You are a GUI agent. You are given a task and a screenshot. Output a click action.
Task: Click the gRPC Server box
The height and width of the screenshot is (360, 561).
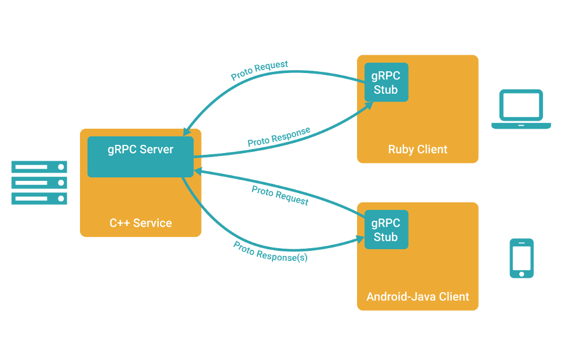(140, 157)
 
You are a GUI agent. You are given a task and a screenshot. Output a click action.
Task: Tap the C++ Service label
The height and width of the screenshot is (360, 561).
(141, 223)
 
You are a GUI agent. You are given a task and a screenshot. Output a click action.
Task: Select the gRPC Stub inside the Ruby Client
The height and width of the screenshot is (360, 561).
(386, 82)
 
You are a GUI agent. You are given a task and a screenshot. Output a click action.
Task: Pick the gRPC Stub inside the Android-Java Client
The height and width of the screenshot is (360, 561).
(386, 230)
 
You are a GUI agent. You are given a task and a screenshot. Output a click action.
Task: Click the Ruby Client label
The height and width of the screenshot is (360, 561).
(418, 150)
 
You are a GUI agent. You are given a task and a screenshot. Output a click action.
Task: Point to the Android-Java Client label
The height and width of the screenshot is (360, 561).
(418, 297)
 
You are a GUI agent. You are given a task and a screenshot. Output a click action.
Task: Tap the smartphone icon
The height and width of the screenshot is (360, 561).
(522, 257)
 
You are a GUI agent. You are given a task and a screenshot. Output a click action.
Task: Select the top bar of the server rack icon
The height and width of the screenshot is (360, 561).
(39, 168)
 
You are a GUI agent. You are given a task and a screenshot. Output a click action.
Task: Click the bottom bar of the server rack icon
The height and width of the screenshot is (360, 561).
(39, 199)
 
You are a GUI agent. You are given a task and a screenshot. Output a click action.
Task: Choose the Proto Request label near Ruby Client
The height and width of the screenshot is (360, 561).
(260, 71)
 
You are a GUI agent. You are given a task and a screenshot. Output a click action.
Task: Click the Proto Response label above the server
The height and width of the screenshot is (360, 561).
(279, 136)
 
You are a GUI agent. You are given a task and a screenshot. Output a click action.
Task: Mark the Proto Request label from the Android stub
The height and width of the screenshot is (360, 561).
(280, 196)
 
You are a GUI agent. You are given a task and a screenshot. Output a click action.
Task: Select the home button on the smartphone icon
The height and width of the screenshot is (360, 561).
(522, 273)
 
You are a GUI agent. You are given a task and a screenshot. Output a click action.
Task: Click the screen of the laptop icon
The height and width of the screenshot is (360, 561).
(522, 106)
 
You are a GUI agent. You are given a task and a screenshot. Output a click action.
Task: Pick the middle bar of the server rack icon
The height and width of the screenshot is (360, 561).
(39, 183)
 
